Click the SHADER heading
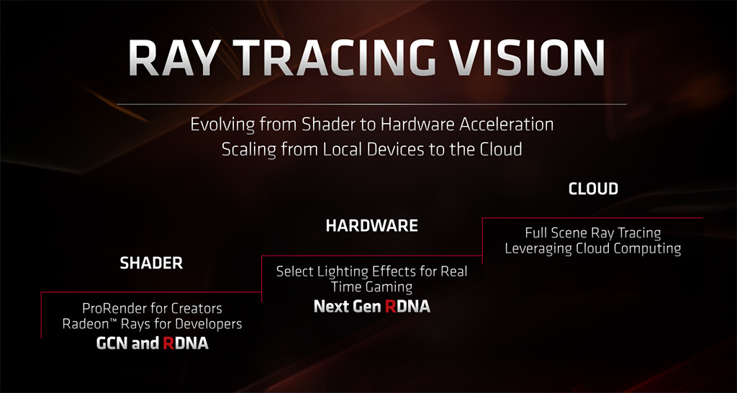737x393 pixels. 151,263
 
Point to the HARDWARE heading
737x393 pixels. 372,226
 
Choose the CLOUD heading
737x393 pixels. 593,189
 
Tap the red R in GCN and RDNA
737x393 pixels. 169,343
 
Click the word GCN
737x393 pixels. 112,343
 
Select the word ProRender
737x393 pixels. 112,308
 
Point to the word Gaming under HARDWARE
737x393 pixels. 391,286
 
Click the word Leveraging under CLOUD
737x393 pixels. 535,248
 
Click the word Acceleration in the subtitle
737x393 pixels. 506,125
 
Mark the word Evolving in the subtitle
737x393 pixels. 220,125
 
